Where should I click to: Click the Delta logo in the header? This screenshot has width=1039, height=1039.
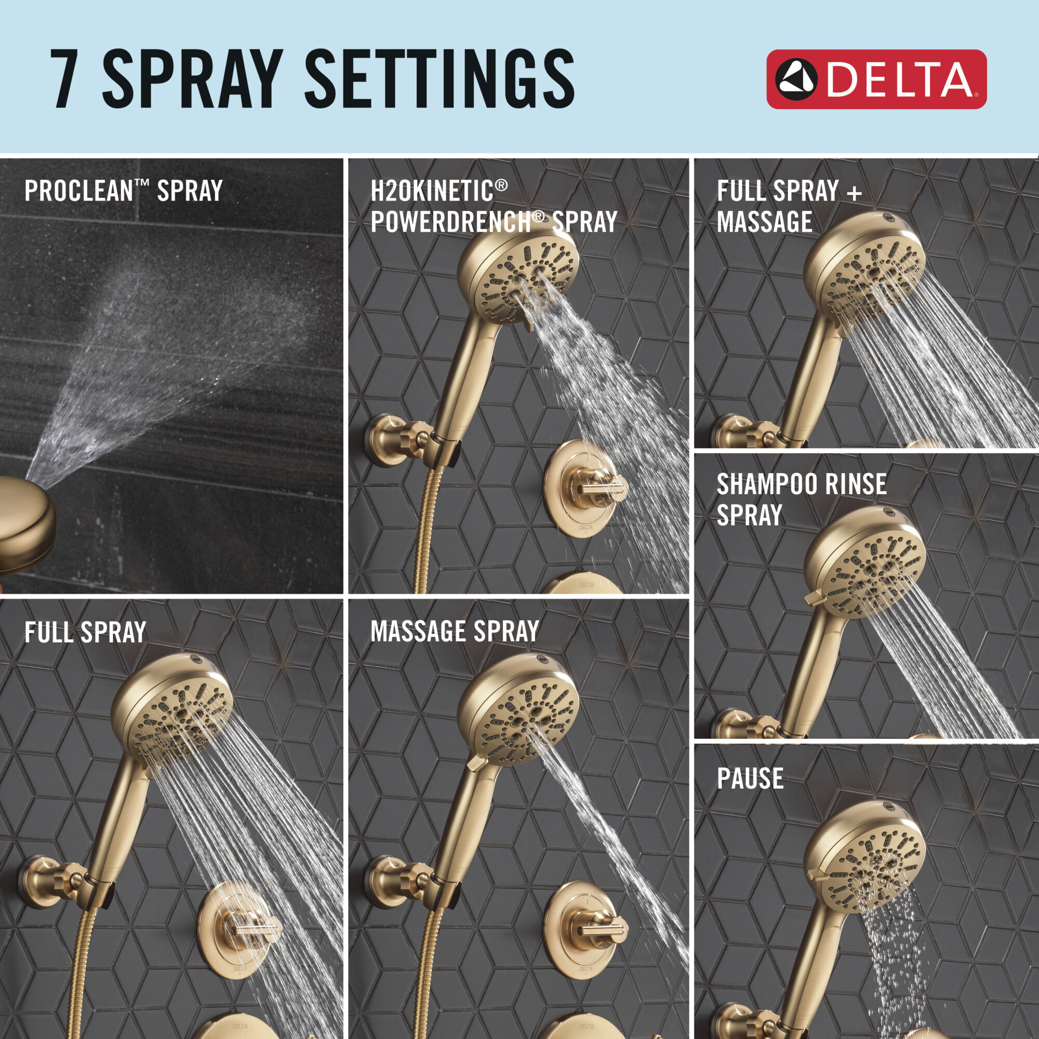(x=875, y=79)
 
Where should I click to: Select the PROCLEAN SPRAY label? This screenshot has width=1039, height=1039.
(x=123, y=191)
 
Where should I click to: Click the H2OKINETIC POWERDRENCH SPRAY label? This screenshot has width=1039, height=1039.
(x=492, y=207)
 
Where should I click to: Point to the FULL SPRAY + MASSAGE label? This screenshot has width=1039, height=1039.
(x=789, y=207)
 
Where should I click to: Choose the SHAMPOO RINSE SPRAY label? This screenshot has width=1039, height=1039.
(x=801, y=499)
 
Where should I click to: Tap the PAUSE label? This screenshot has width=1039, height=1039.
(x=750, y=778)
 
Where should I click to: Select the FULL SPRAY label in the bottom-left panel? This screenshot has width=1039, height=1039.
(x=85, y=632)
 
